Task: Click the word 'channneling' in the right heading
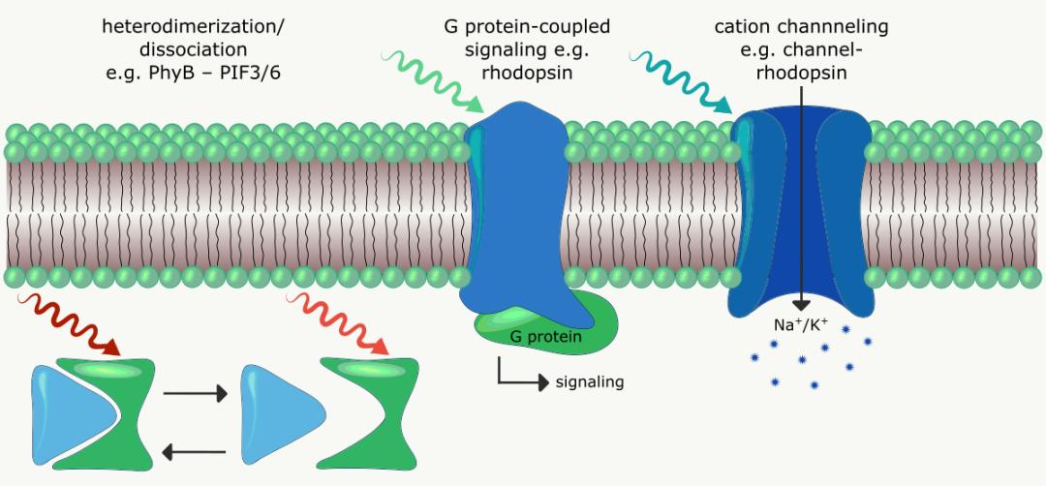tap(828, 26)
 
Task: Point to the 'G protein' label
tap(545, 337)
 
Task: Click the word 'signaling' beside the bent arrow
tap(589, 381)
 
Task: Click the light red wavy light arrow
tap(340, 320)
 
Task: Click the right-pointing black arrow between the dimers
tap(195, 394)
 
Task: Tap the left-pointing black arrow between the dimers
tap(195, 450)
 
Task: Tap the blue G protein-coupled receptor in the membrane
tap(513, 213)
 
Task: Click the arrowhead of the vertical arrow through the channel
tap(803, 302)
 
